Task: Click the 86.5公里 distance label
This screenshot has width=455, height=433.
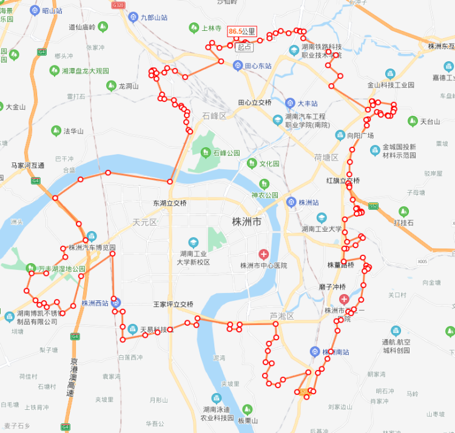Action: [242, 31]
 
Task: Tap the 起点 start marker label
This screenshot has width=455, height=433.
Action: [244, 47]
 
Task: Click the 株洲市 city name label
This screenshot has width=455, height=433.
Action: [247, 222]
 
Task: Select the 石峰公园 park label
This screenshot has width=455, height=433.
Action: [226, 153]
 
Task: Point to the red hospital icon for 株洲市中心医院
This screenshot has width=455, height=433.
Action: [263, 253]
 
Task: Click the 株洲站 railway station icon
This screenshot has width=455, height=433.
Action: [291, 202]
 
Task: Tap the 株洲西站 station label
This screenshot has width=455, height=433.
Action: [95, 303]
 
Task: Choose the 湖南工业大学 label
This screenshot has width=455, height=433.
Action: [322, 229]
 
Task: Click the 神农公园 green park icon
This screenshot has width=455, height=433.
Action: [263, 183]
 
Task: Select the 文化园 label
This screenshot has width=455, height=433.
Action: [269, 164]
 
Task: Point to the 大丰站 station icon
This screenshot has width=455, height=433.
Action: [291, 103]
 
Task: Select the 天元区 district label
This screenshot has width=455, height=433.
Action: [145, 223]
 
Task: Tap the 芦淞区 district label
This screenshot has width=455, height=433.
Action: [281, 316]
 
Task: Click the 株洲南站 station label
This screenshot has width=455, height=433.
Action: [336, 352]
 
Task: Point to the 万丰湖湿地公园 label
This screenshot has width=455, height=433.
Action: [62, 268]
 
